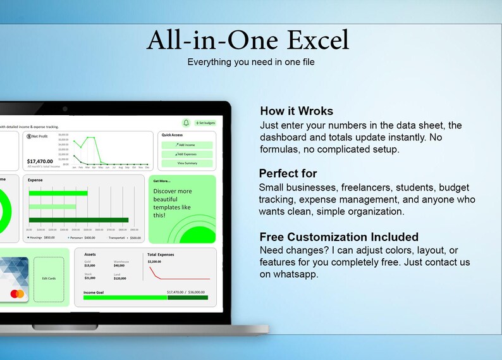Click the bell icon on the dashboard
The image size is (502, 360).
(186, 123)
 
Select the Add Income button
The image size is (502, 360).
(187, 145)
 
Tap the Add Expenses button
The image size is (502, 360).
(187, 154)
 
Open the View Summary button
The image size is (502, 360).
(187, 163)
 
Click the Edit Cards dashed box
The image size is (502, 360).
(49, 278)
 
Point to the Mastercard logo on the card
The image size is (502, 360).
(18, 294)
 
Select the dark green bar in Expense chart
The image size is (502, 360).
(78, 220)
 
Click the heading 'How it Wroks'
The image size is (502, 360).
(296, 111)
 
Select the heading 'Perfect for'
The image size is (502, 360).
(288, 173)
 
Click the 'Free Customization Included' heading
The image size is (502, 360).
(339, 237)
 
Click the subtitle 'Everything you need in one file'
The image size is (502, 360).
(251, 62)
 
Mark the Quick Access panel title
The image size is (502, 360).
(173, 135)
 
